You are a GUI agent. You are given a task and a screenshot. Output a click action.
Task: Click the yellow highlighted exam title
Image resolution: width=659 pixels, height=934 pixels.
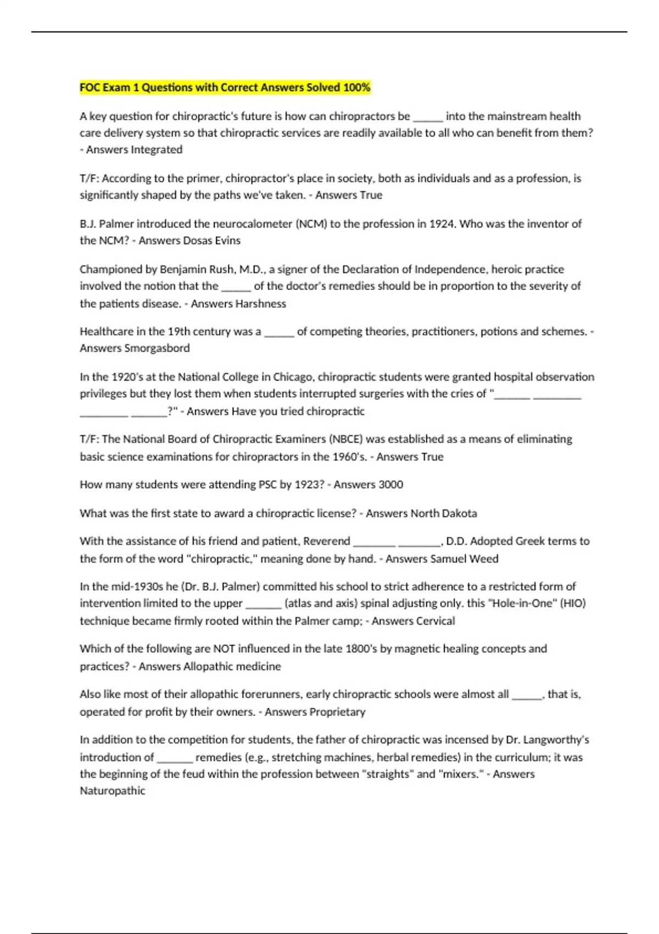[225, 87]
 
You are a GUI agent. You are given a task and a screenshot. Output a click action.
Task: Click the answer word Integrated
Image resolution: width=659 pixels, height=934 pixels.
[157, 149]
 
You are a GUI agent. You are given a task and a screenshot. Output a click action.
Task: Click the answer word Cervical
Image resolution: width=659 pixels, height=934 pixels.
[433, 621]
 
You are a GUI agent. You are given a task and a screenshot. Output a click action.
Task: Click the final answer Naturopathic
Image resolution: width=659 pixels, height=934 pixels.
[113, 791]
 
